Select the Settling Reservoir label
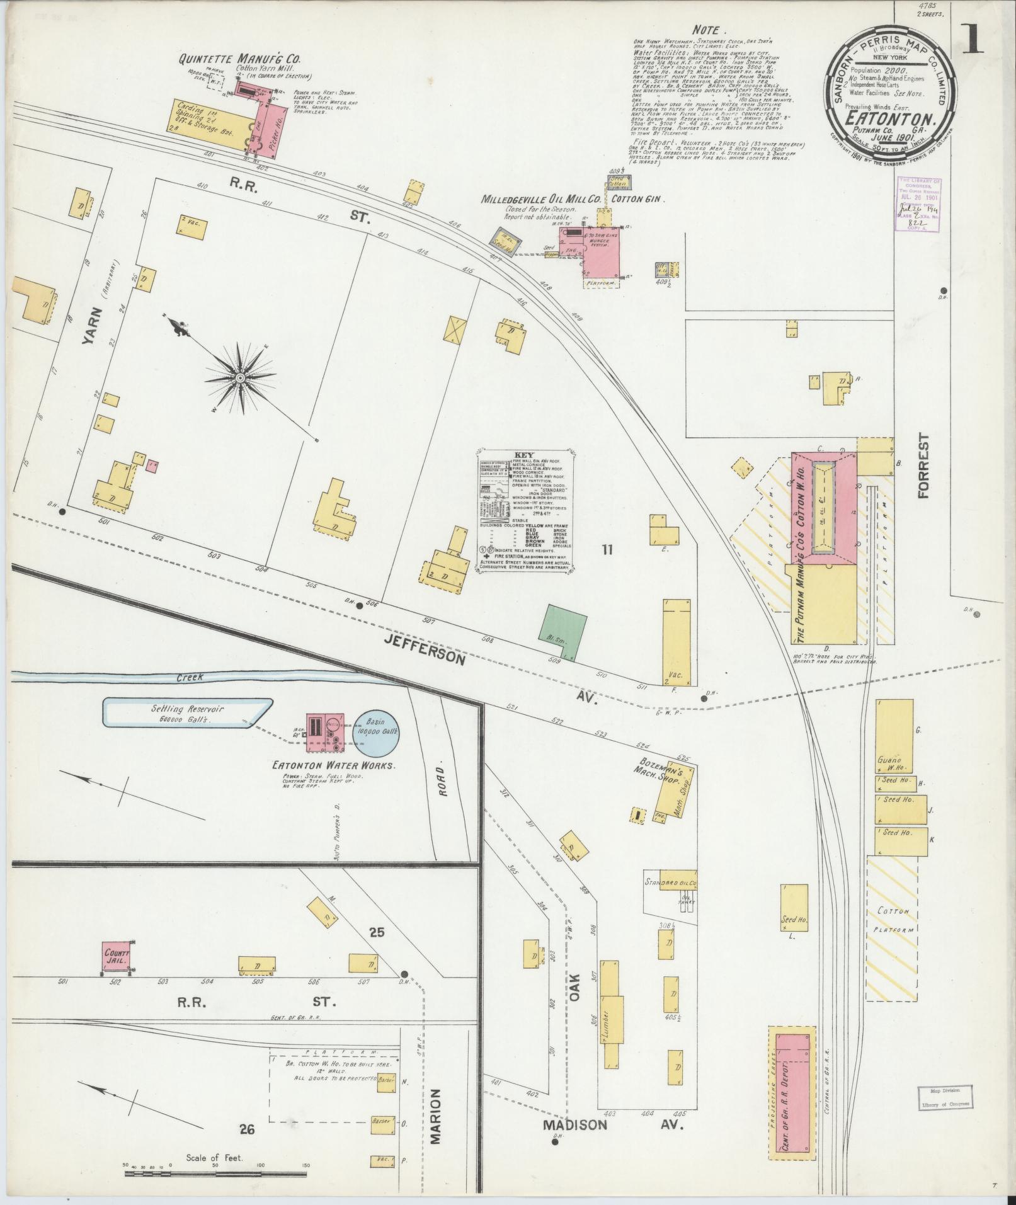(x=187, y=712)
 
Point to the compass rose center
(x=240, y=378)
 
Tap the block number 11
(x=607, y=550)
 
